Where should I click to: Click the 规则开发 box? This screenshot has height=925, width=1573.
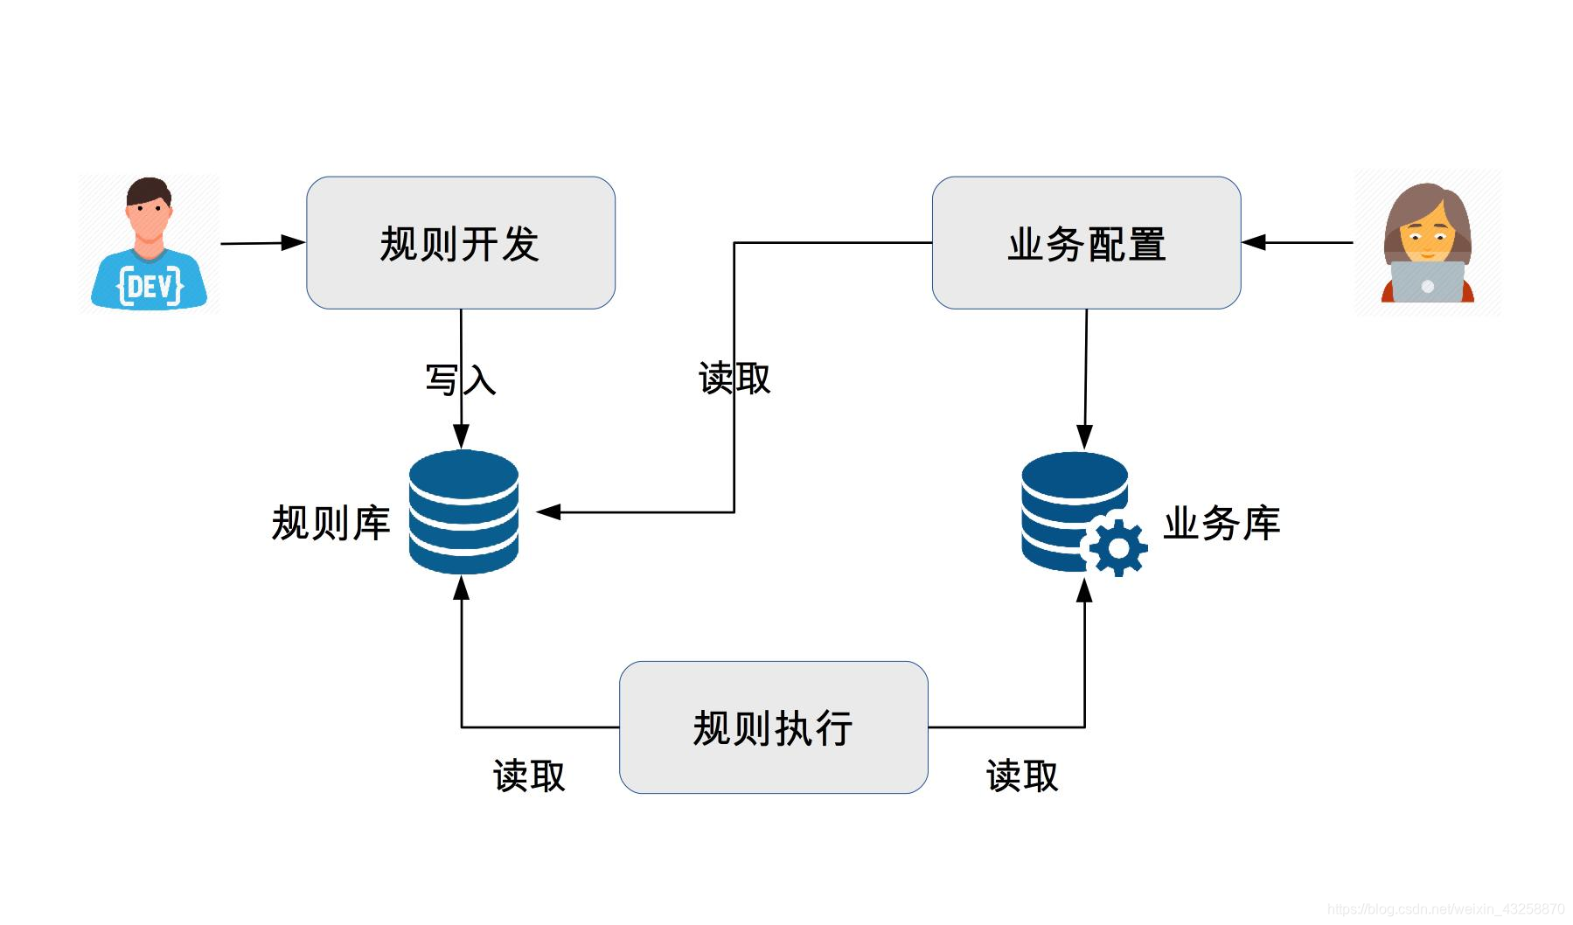coord(460,243)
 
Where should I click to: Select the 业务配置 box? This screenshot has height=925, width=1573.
coord(1086,243)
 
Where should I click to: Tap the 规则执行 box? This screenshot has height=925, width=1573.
coord(773,727)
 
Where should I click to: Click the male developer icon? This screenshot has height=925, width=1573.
coord(150,243)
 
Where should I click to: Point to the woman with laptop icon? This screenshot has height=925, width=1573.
coord(1427,243)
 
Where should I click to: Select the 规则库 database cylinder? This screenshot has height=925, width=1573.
coord(463,512)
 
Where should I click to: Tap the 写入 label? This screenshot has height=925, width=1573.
coord(460,379)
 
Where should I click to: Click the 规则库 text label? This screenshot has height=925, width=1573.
coord(331,524)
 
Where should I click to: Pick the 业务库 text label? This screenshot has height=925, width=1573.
coord(1221,524)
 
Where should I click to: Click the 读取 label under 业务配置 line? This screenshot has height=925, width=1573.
coord(734,379)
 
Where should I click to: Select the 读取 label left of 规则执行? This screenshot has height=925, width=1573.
coord(529,775)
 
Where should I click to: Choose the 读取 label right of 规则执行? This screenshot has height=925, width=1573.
coord(1022,775)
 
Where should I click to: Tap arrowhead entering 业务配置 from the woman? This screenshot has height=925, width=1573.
coord(1254,242)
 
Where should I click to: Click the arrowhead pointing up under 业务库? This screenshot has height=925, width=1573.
coord(1084,591)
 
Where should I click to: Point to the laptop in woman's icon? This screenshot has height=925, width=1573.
coord(1427,282)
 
